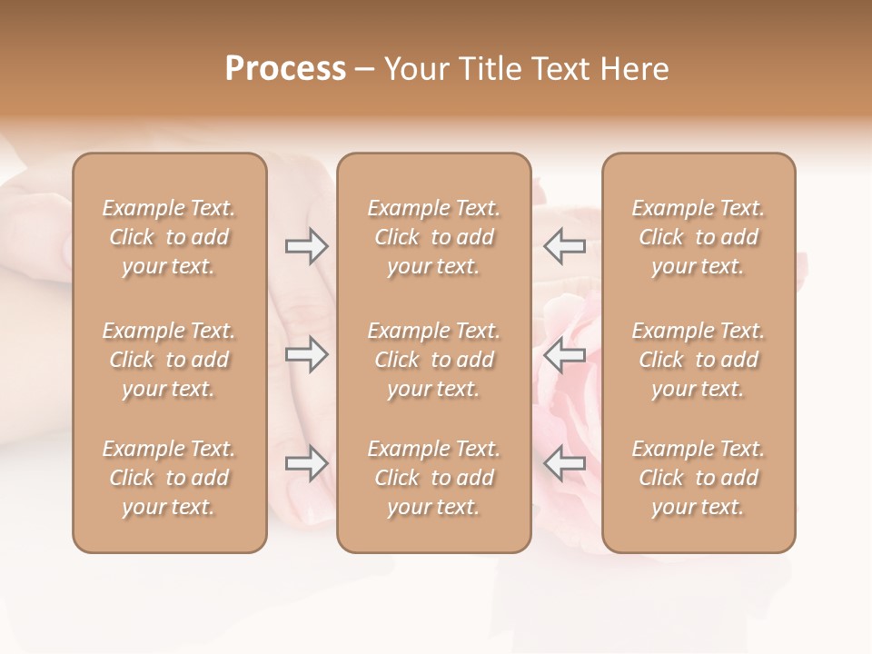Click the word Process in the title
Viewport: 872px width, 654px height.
pos(285,69)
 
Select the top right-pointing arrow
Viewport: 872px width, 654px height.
pos(307,246)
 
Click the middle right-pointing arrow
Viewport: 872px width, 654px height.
pos(307,355)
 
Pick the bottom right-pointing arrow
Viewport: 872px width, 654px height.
pos(307,464)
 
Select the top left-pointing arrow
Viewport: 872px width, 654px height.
pos(565,246)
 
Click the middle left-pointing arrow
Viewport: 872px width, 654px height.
pos(565,355)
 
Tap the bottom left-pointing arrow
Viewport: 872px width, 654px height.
pos(565,464)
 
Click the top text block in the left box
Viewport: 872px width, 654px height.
pos(169,237)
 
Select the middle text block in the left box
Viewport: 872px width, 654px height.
pos(169,360)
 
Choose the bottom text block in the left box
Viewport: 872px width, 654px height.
pos(169,478)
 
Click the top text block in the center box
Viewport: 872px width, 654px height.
pos(433,237)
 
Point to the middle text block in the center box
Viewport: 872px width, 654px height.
pos(433,360)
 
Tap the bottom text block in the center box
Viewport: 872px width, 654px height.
pos(433,478)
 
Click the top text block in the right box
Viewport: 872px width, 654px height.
pos(698,237)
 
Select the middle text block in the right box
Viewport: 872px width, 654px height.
pos(698,360)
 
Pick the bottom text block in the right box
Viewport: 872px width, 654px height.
pos(698,478)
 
